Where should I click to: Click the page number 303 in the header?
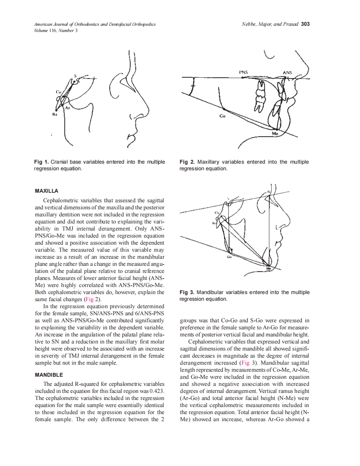(305, 24)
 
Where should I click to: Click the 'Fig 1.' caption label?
(41, 162)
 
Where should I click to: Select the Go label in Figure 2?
(222, 116)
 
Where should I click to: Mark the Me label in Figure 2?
(275, 134)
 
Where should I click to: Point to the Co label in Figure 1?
(59, 91)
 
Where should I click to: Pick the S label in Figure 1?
(75, 76)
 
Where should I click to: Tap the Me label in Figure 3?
(269, 269)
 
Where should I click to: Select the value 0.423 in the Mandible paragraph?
(156, 391)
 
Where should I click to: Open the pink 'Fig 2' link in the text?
(89, 299)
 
